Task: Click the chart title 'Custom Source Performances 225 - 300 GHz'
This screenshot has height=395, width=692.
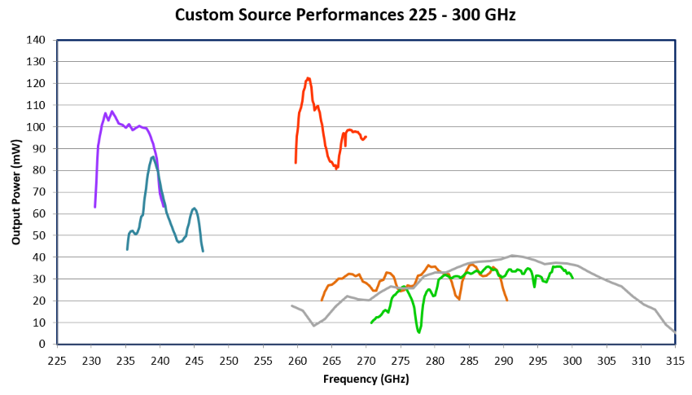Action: click(x=346, y=15)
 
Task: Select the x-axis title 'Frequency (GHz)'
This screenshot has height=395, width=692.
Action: click(x=366, y=380)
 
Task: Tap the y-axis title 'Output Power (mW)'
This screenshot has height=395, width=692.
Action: click(x=15, y=192)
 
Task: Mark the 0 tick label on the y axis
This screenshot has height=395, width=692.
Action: click(x=42, y=345)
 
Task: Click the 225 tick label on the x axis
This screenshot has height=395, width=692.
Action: click(x=57, y=360)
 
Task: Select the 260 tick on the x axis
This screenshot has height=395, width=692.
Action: click(x=297, y=360)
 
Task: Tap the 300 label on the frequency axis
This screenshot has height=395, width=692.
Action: click(x=572, y=360)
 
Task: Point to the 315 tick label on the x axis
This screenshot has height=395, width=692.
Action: click(x=675, y=360)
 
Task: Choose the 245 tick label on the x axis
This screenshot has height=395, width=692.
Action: click(x=195, y=360)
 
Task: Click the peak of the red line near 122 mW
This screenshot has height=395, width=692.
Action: click(x=308, y=78)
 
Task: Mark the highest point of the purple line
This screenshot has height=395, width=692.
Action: click(x=112, y=112)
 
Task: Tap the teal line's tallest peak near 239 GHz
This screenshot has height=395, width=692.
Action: click(x=152, y=157)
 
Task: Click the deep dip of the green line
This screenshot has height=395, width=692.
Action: click(x=419, y=331)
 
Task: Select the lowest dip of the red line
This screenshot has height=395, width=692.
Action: click(x=336, y=169)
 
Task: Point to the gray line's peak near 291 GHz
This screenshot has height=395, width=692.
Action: click(x=512, y=255)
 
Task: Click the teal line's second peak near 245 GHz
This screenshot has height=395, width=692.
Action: click(x=194, y=208)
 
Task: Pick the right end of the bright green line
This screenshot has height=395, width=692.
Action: click(x=572, y=278)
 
